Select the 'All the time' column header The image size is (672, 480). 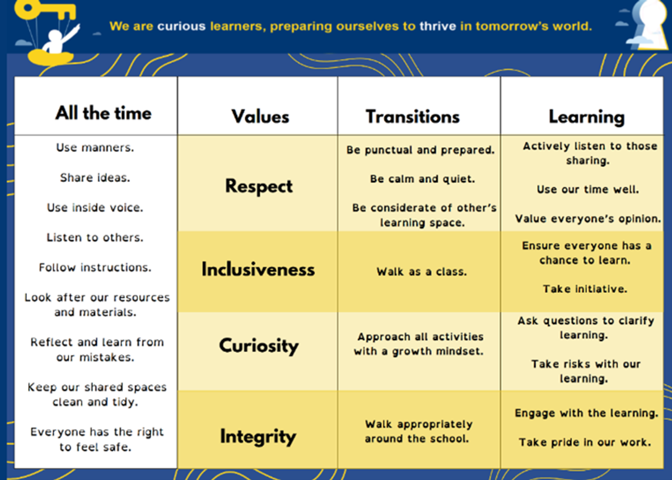tap(103, 113)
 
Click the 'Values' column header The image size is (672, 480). tap(260, 116)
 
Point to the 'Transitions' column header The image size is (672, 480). tap(413, 116)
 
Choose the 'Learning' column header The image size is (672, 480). tap(587, 117)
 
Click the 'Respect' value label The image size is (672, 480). tap(259, 187)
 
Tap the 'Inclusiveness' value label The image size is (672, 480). tap(258, 269)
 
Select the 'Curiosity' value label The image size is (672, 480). tap(259, 346)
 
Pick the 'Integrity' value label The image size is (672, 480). tap(258, 437)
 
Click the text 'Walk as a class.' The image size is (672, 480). tap(422, 272)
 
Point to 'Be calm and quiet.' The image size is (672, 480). tap(422, 179)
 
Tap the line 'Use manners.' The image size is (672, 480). tap(95, 148)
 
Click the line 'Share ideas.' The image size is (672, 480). tap(95, 178)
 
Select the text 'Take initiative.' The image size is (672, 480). tap(585, 289)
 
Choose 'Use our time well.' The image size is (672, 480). tap(588, 190)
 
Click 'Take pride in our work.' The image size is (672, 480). tap(585, 442)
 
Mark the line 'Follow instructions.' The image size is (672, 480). tap(95, 267)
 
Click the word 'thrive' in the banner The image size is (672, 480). tap(438, 26)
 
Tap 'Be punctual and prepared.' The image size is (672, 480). tap(421, 150)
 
